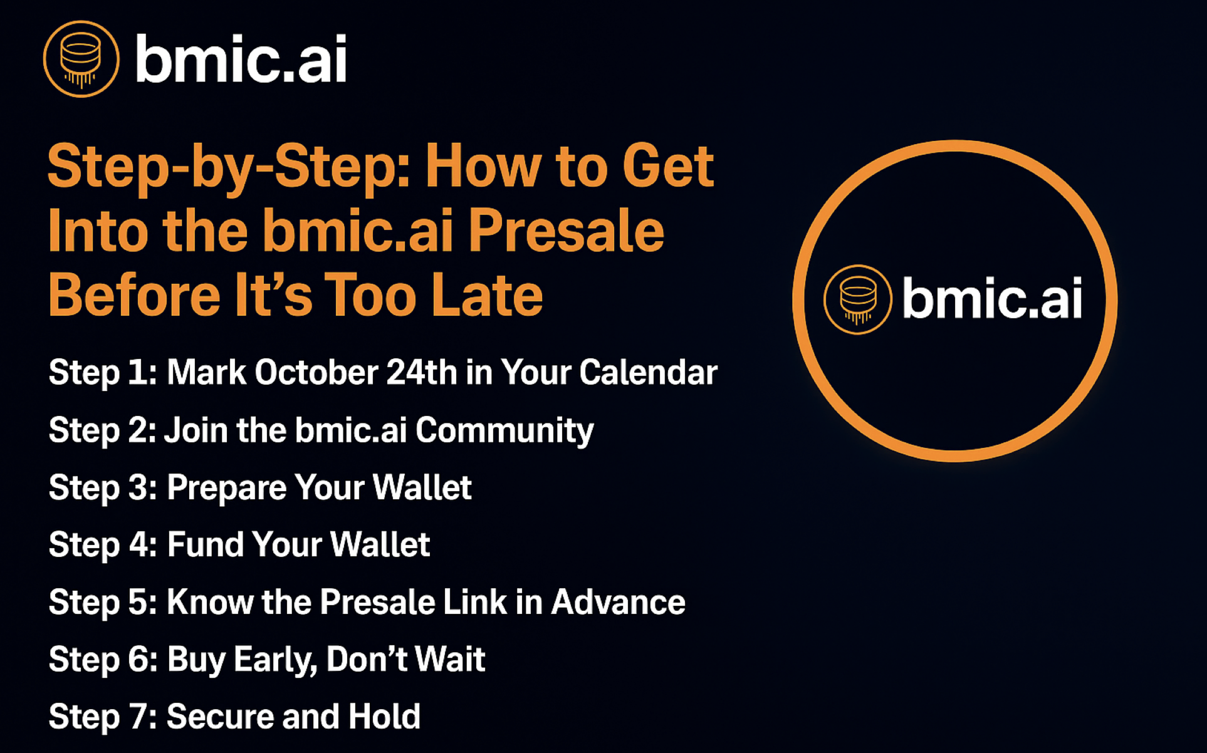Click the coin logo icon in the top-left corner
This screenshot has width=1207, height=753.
click(81, 59)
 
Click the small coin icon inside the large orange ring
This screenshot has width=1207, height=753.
click(857, 299)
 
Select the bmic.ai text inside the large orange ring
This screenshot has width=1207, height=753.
click(992, 298)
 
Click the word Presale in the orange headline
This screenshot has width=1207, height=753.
click(566, 232)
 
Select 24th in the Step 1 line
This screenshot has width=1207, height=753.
click(422, 372)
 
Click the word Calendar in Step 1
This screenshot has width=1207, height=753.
click(648, 372)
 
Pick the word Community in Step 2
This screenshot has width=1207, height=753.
click(504, 431)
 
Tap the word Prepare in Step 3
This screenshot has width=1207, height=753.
click(226, 488)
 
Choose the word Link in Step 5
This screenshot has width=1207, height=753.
click(475, 602)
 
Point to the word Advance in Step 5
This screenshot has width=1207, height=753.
click(618, 602)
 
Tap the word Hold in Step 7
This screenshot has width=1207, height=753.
click(384, 717)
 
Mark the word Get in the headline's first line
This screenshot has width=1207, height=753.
click(668, 166)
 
